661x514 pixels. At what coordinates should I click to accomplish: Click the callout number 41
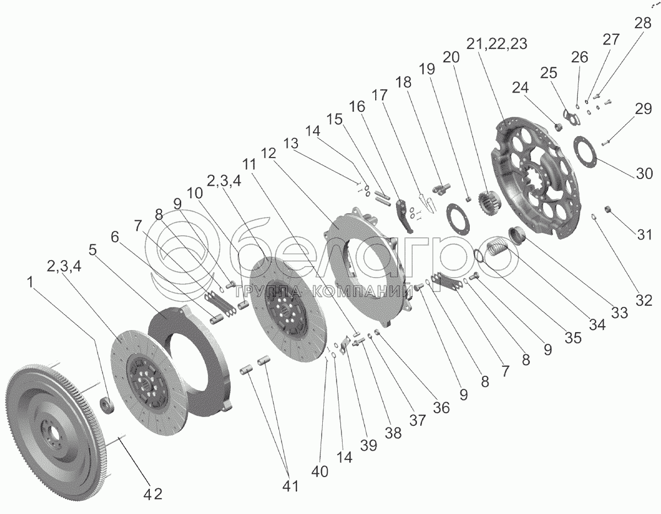click(x=290, y=486)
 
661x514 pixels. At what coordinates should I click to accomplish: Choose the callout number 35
click(x=573, y=337)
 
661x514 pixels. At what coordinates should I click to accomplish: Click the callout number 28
click(x=642, y=24)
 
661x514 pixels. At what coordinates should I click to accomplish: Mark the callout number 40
click(x=319, y=472)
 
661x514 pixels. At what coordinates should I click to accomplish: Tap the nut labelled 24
click(x=556, y=127)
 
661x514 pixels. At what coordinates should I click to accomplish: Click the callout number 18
click(x=403, y=82)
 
